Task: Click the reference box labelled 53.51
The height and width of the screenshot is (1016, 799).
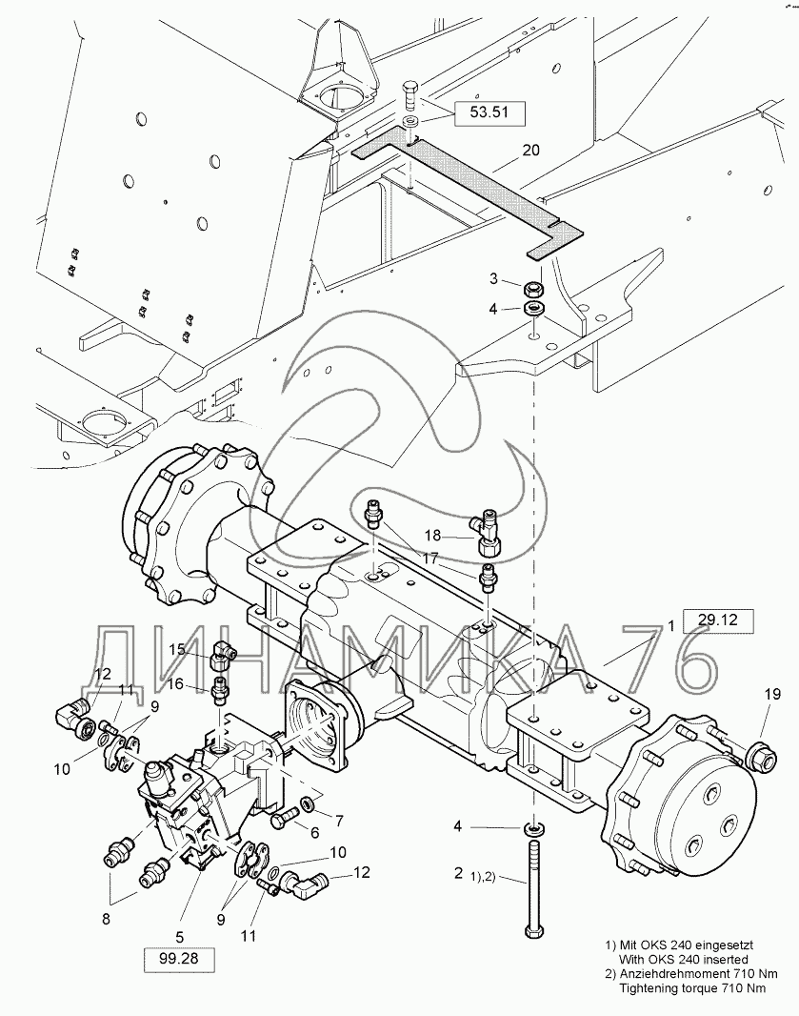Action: coord(489,112)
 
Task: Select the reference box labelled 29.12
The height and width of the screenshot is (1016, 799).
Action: coord(718,620)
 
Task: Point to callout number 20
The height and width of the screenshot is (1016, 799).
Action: coord(531,151)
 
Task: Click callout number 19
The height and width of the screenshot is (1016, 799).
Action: coord(772,694)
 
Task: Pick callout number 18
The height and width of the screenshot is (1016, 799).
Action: coord(432,536)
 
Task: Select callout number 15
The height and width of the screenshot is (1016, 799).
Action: coord(177,649)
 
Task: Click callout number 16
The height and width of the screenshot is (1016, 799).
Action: coord(177,684)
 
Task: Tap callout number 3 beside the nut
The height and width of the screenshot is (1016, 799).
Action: coord(494,278)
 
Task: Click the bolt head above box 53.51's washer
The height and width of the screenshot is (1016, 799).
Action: coord(411,96)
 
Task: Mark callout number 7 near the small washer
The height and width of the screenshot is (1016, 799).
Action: coord(338,821)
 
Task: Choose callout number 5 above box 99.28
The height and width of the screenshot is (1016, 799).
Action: coord(180,936)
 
